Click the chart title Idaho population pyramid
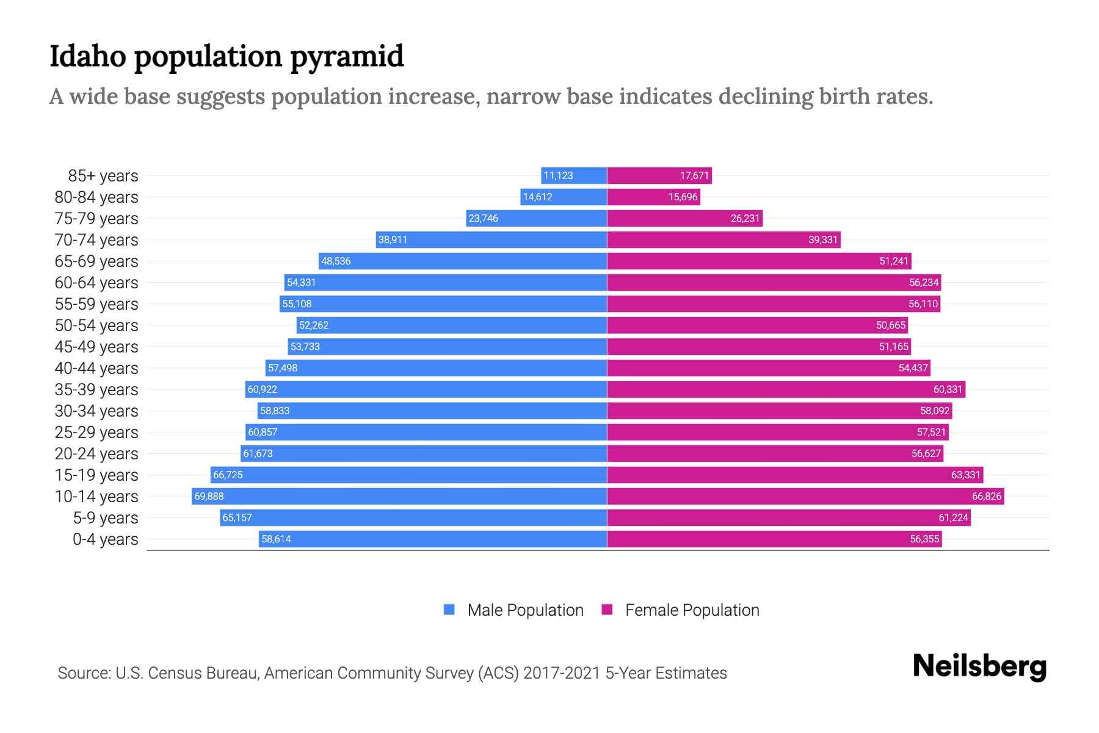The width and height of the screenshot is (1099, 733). pos(227,56)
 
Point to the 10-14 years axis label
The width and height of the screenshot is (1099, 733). pos(96,496)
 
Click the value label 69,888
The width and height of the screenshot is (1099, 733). pos(209,496)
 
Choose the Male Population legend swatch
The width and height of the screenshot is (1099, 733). pos(449,610)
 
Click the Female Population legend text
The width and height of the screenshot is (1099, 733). pos(692,610)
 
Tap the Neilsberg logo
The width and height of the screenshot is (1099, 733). pos(979,666)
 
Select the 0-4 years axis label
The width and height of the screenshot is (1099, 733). pos(105,539)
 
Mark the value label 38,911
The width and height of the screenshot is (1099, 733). pos(393,239)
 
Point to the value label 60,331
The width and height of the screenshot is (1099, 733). pos(948,389)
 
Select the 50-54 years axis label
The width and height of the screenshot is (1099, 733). pos(96,325)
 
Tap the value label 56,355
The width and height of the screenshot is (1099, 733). pos(924,539)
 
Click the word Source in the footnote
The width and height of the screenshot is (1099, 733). pos(83,673)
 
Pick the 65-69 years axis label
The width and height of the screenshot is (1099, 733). pos(96,261)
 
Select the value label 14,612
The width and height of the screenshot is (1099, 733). pos(537,197)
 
